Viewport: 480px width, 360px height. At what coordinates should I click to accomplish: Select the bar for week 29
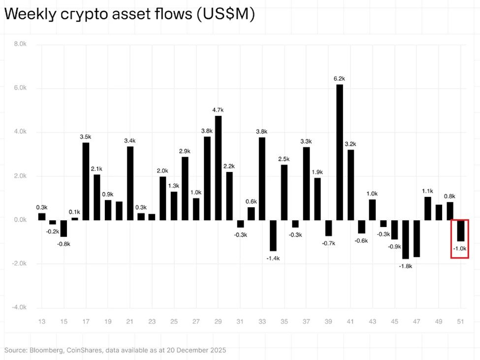coord(218,167)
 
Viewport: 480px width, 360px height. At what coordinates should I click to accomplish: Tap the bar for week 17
coord(86,181)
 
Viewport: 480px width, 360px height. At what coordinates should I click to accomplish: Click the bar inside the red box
coord(461,230)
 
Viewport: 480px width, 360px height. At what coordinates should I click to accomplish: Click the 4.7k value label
coord(218,110)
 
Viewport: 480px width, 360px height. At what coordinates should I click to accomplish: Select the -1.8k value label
coord(405,266)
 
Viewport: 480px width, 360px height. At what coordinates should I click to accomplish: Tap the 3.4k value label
coord(130,141)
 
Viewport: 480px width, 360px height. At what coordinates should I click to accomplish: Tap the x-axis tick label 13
coord(42,322)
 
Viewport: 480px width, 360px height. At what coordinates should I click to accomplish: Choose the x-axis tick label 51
coord(461,322)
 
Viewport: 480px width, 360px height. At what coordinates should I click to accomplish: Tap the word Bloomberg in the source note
coord(45,350)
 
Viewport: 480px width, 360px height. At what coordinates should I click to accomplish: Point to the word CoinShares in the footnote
coord(84,350)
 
